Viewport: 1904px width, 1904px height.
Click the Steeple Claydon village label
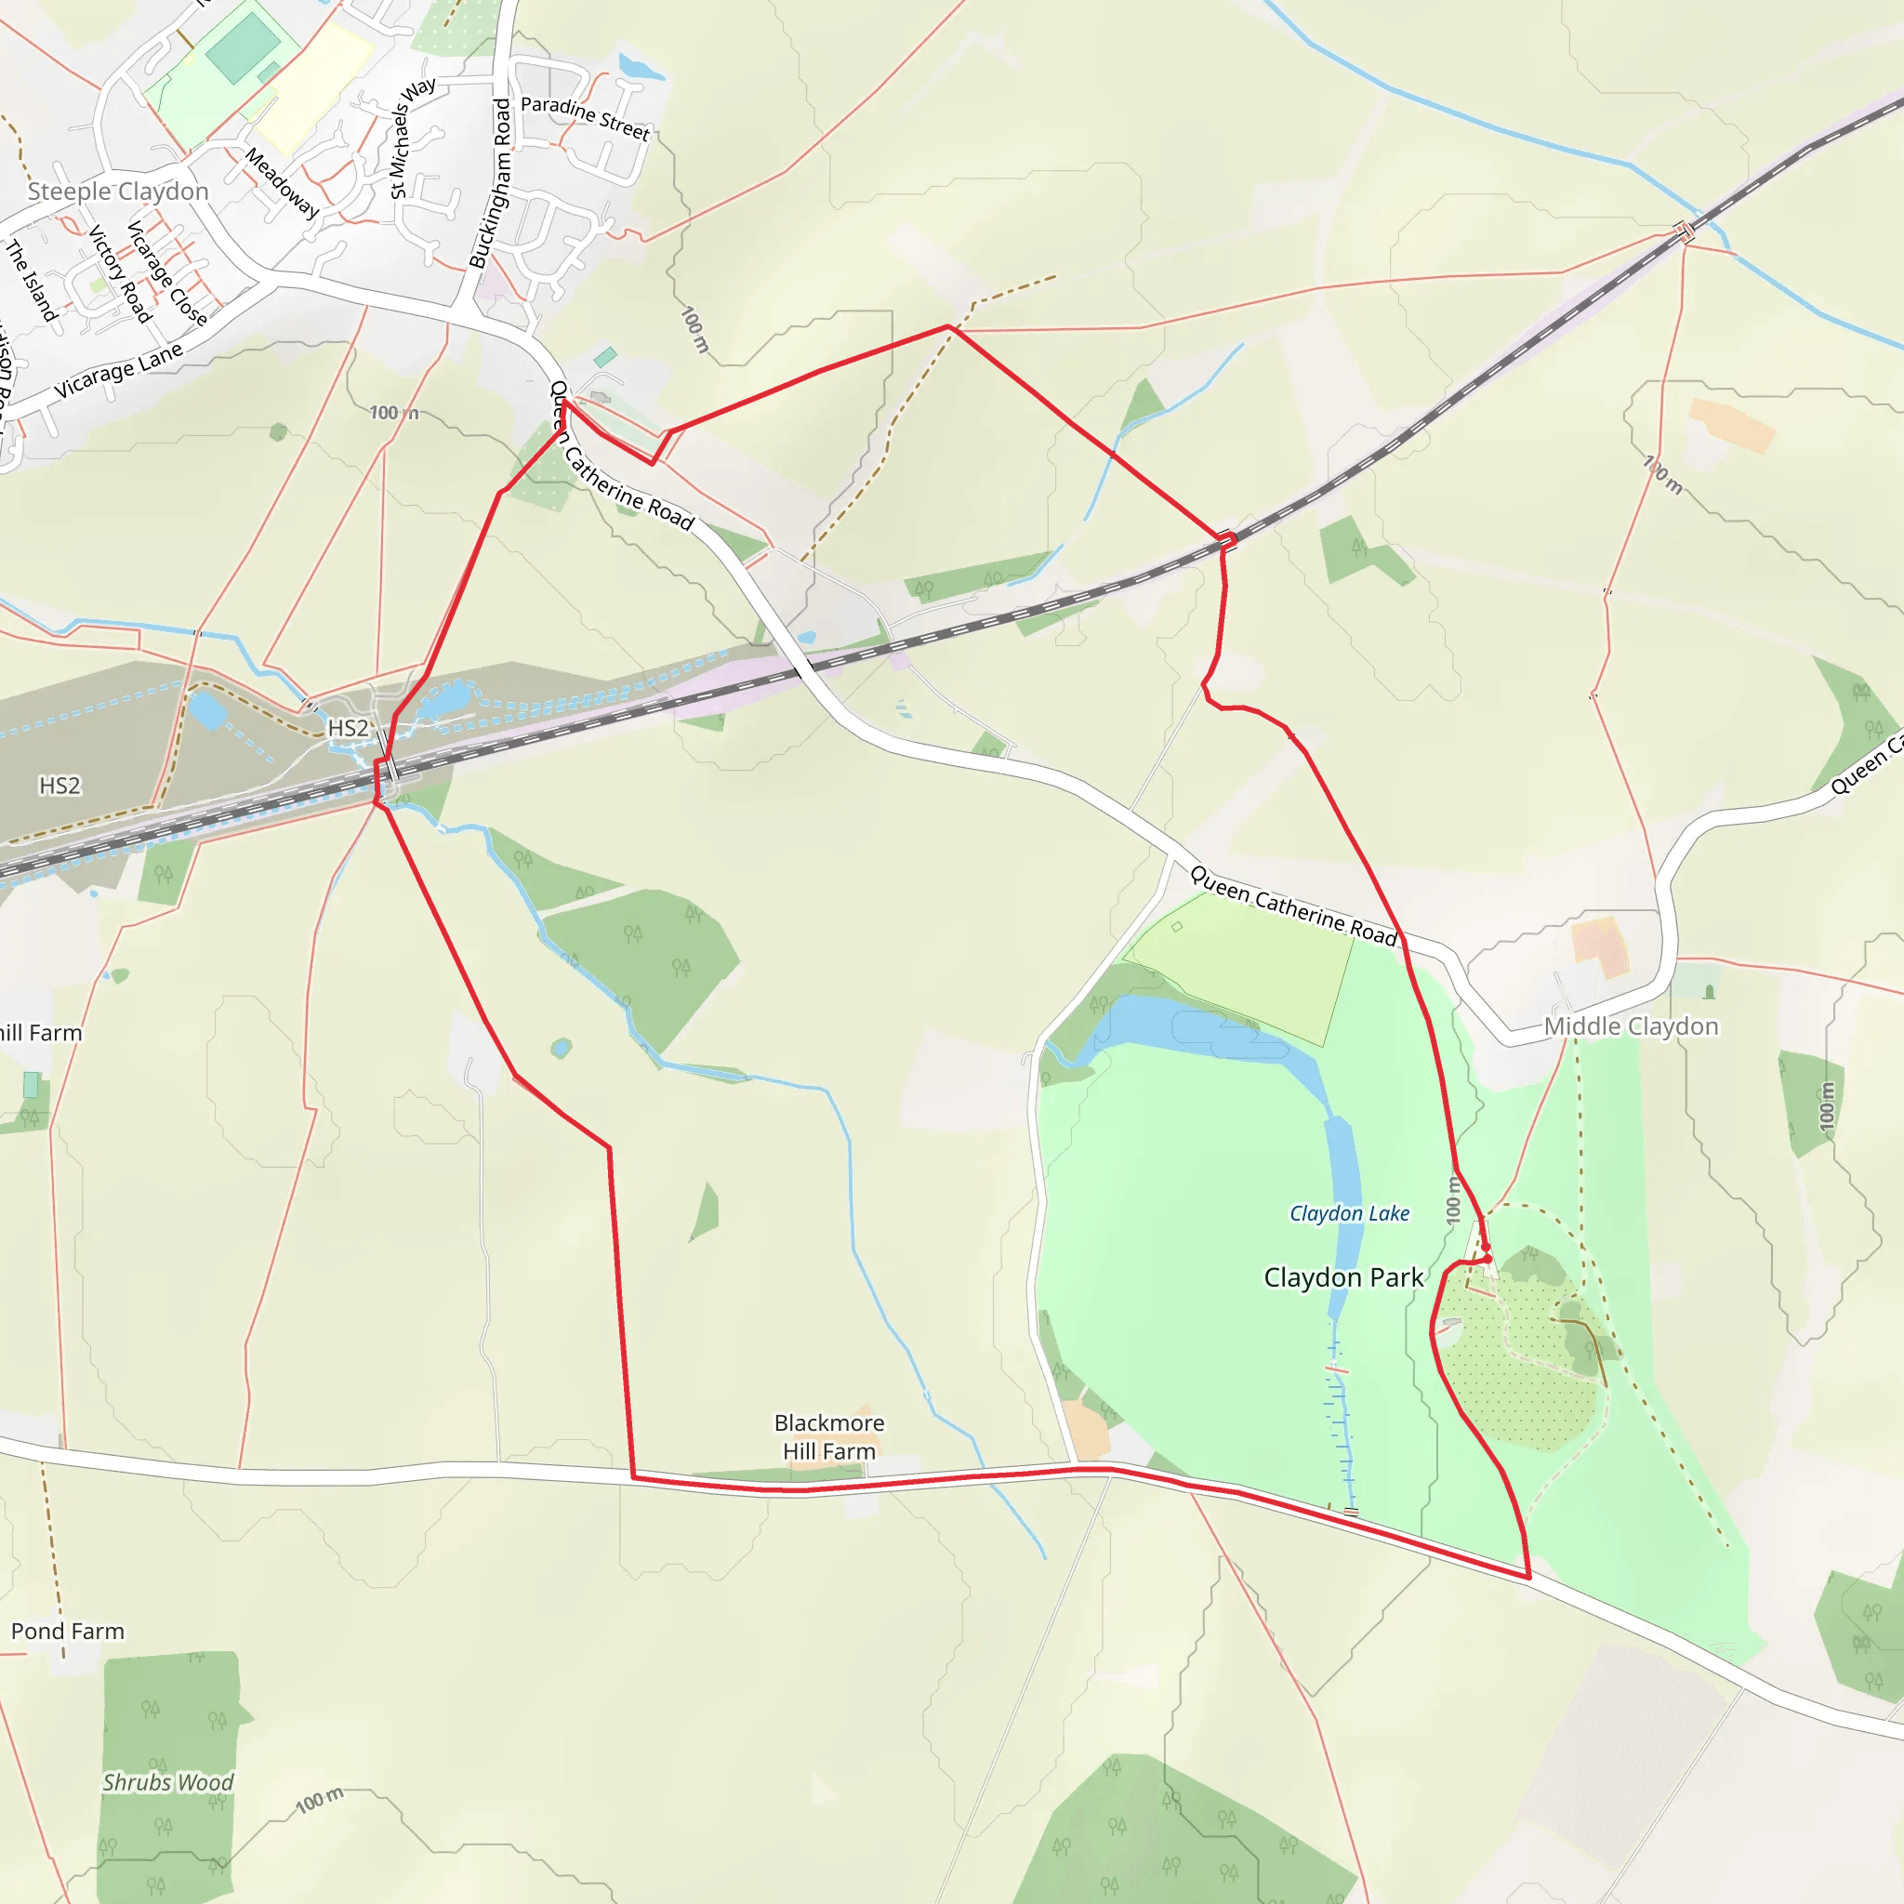118,192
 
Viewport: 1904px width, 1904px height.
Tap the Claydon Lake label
1349,1213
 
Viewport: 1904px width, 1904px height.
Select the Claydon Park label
1343,1277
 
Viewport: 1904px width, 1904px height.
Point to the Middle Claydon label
1631,1026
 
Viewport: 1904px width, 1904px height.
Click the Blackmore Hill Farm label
828,1437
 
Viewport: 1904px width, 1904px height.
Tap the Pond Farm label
68,1631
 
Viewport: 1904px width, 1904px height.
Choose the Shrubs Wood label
167,1782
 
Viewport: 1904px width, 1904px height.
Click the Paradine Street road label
586,117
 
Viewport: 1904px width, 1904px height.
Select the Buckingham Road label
491,183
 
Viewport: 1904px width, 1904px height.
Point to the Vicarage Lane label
118,372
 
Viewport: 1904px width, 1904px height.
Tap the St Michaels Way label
411,137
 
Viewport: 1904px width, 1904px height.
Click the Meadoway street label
282,183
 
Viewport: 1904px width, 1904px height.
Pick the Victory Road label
120,274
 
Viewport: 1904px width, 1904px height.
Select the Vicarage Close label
166,273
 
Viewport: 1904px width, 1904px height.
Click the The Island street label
32,280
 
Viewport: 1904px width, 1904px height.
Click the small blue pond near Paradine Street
640,67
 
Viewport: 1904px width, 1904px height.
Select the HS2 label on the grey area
59,786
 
